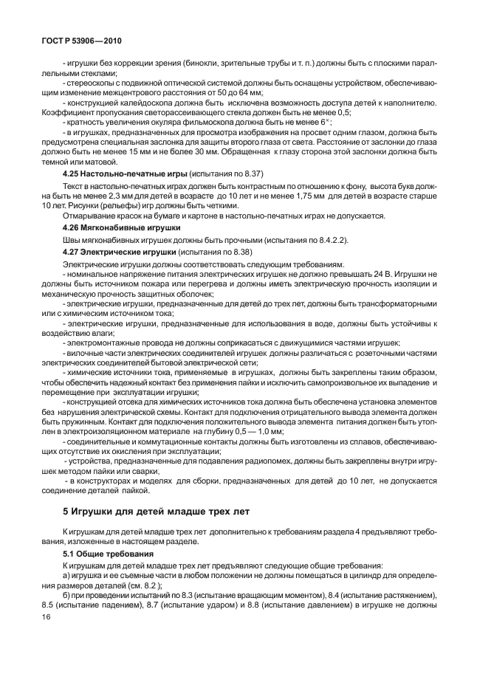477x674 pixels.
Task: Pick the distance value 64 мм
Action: pyautogui.click(x=245, y=94)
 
